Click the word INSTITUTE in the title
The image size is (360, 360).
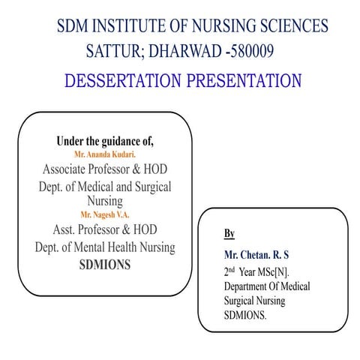pyautogui.click(x=131, y=27)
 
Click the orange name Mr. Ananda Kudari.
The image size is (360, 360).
pyautogui.click(x=105, y=154)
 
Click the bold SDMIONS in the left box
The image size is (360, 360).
pyautogui.click(x=105, y=264)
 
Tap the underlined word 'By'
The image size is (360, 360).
pyautogui.click(x=229, y=233)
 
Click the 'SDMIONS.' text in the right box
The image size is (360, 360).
pyautogui.click(x=245, y=316)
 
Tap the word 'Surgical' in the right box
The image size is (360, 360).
pyautogui.click(x=241, y=301)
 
